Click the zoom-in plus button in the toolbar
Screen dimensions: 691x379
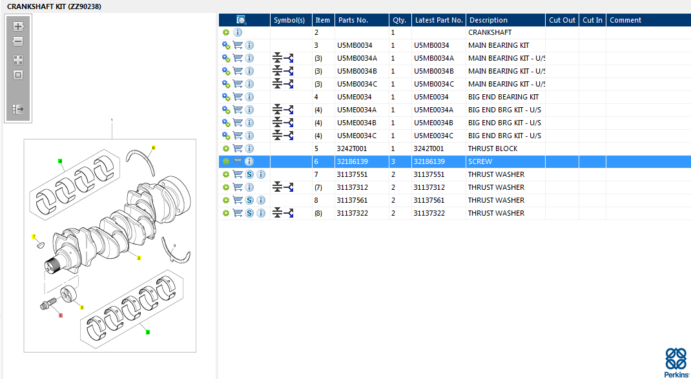tap(18, 26)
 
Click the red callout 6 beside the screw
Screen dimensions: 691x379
tap(60, 316)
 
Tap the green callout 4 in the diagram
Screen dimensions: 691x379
tap(60, 161)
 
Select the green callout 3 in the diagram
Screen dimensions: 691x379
tap(148, 332)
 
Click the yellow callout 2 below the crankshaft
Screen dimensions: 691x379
tap(138, 258)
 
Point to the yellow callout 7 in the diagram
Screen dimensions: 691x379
tap(34, 237)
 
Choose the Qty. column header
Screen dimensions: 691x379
tap(399, 20)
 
